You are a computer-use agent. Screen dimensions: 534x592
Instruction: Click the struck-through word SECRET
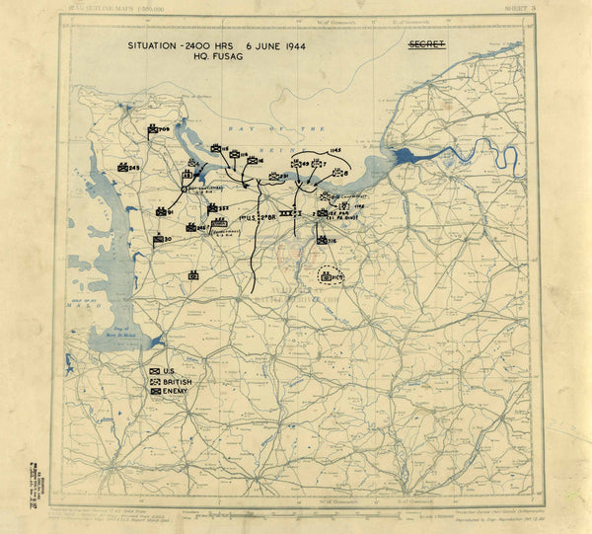tap(426, 44)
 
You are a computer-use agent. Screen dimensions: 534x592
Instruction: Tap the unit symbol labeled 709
tap(154, 129)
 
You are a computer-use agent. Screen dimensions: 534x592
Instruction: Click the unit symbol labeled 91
tap(161, 211)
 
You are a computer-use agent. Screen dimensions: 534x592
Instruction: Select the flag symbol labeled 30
tap(159, 239)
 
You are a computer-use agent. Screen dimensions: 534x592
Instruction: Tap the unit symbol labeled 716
tap(322, 239)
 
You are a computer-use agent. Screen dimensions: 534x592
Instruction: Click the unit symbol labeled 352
tap(212, 207)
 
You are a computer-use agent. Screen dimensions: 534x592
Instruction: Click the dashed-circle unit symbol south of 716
tap(330, 275)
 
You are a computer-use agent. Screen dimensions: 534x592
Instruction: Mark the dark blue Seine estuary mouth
tap(405, 156)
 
